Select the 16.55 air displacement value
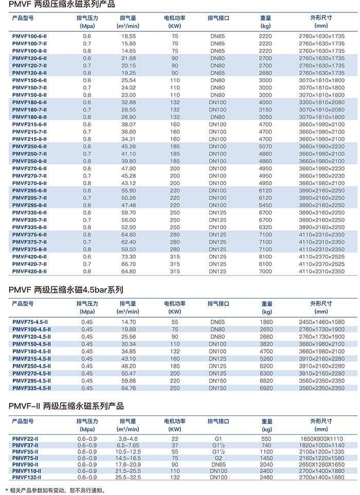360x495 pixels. [129, 36]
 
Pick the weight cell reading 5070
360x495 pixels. [265, 146]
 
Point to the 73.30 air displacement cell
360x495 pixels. [129, 256]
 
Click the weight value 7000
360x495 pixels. [265, 271]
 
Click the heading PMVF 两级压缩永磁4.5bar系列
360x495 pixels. [66, 290]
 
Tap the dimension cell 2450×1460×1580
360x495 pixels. [321, 322]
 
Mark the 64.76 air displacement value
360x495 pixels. [129, 388]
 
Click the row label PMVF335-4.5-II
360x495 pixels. [32, 388]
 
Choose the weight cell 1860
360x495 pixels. [265, 322]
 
